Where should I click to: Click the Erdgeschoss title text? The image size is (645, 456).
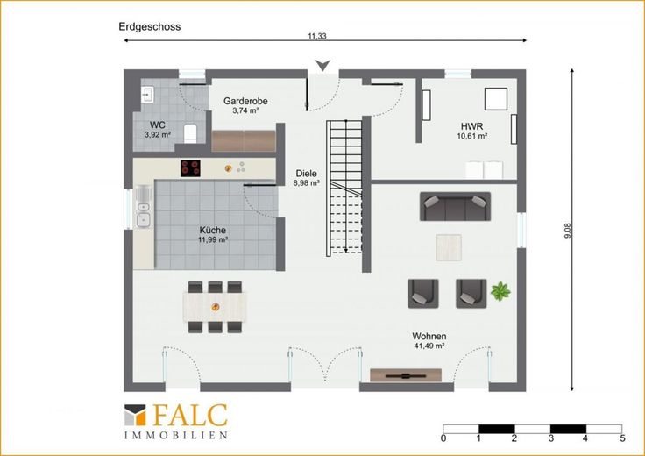149,27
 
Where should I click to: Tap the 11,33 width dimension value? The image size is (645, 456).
317,36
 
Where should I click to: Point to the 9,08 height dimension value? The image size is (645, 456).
568,231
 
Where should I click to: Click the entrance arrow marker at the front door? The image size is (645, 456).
323,65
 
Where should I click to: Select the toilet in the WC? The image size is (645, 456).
190,133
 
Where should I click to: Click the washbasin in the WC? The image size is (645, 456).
147,94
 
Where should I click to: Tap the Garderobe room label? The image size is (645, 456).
245,101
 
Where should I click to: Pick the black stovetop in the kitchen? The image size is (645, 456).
190,168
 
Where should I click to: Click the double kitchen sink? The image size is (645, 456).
143,207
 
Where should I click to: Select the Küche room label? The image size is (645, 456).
213,231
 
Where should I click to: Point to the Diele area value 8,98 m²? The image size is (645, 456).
307,183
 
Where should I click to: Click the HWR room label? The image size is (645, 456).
471,126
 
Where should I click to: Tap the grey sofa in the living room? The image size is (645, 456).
455,206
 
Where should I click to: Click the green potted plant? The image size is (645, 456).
500,291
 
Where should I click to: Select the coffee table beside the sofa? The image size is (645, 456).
449,247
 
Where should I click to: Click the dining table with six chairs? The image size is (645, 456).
215,307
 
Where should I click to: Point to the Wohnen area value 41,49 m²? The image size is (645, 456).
429,346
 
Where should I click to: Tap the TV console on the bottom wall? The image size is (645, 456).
406,375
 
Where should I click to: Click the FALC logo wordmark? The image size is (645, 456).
190,415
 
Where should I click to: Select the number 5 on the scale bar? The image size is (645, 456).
623,438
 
